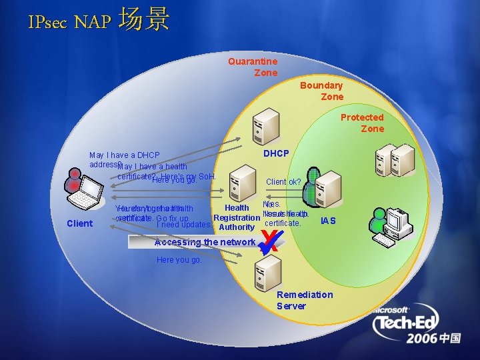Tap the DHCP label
point(276,154)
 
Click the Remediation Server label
point(305,300)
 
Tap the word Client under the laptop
point(80,223)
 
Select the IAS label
point(328,221)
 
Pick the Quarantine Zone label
point(253,67)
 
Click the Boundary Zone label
point(321,91)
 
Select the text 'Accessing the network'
point(205,242)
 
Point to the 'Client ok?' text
point(283,181)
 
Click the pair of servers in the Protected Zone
point(394,160)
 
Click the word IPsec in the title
point(48,22)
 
